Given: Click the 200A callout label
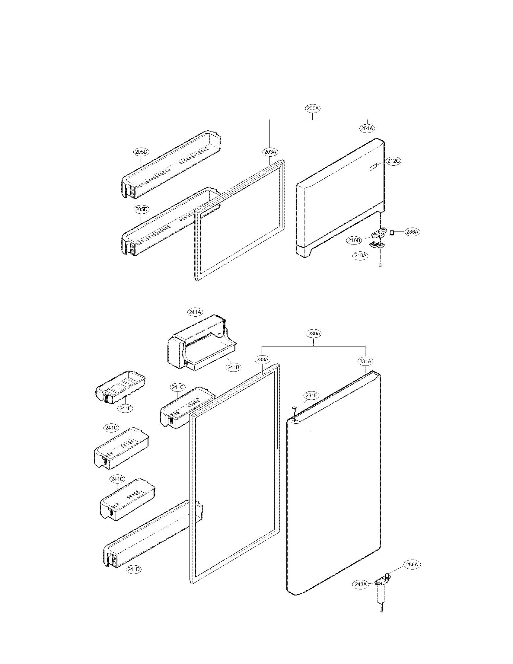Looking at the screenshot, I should click(x=313, y=109).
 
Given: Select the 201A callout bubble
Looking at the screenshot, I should click(x=367, y=129).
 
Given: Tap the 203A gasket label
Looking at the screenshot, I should click(x=270, y=152).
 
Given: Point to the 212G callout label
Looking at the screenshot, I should click(x=393, y=161).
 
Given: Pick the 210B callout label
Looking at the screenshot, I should click(x=354, y=240).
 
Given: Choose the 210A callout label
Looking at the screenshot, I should click(x=360, y=256).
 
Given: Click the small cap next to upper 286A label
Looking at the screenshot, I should click(x=392, y=233).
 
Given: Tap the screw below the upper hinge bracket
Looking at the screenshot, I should click(x=380, y=265).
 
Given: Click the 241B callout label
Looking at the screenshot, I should click(x=233, y=367).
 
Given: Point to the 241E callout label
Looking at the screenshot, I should click(x=125, y=408).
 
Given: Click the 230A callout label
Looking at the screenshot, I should click(x=314, y=334).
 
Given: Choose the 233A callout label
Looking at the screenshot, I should click(x=262, y=360).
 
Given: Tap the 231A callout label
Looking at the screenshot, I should click(x=365, y=361).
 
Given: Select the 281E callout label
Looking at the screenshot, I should click(x=311, y=395).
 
